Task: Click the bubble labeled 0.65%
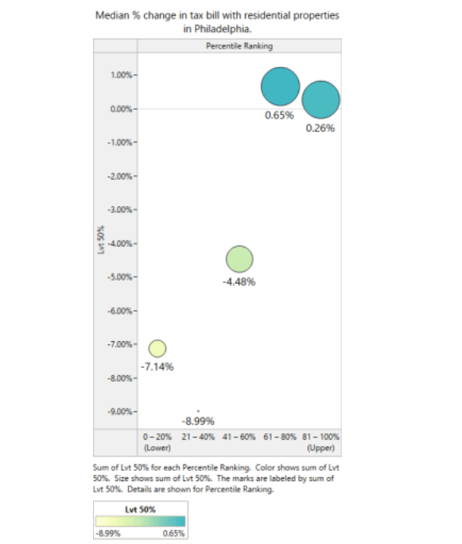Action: coord(280,87)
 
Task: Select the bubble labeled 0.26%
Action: coord(320,100)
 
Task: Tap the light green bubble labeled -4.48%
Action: coord(239,259)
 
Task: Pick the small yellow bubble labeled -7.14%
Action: coord(157,348)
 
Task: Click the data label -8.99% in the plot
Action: coord(198,422)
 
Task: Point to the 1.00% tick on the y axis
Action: coord(122,75)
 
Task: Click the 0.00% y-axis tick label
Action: coord(122,109)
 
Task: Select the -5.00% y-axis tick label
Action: coord(120,277)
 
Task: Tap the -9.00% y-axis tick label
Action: coord(120,411)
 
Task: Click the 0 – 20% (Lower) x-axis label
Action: coord(157,442)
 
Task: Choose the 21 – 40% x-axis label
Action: coord(198,437)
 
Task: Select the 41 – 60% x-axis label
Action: coord(239,437)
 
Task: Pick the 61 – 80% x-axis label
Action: coord(280,437)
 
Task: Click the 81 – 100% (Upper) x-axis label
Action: coord(320,442)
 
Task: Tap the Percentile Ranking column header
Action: coord(239,46)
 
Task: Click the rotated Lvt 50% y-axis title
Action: coord(101,240)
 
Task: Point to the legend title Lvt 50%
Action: coord(141,510)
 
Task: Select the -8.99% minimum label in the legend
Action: coord(108,533)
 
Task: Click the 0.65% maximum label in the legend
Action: coord(174,533)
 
